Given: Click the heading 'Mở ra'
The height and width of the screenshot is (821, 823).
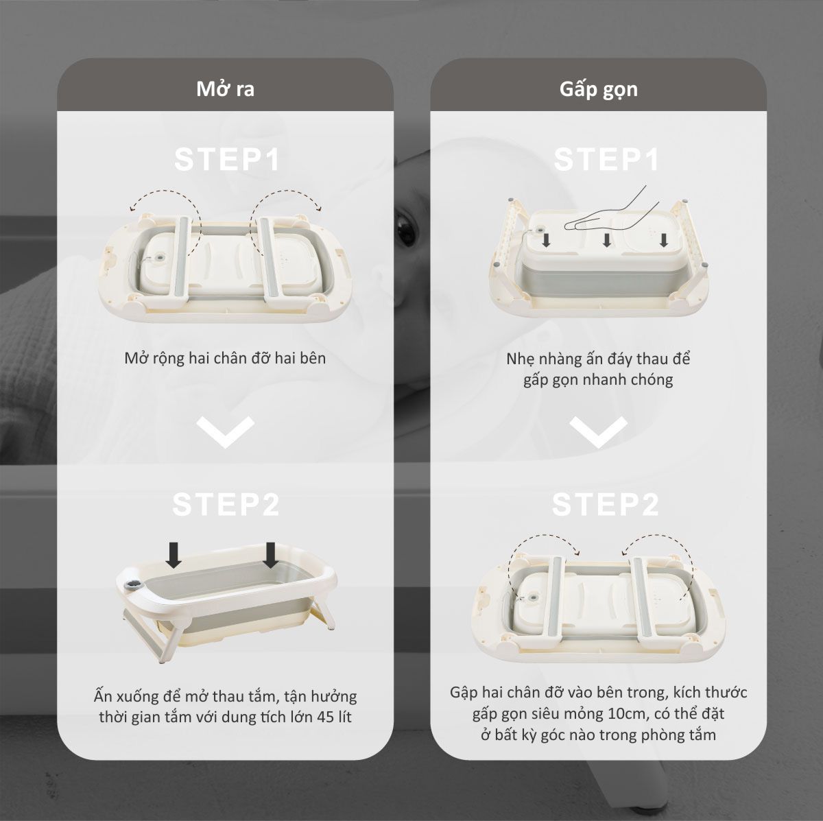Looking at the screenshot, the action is [225, 89].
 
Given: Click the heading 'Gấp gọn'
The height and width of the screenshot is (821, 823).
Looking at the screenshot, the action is [598, 89].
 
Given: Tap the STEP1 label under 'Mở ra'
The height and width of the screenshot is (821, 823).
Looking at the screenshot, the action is [227, 159].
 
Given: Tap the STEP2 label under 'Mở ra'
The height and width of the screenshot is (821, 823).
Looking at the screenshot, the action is [226, 504].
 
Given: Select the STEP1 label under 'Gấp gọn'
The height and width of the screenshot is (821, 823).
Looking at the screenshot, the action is [606, 159].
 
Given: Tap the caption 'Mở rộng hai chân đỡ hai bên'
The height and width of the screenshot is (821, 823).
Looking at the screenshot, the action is [225, 358].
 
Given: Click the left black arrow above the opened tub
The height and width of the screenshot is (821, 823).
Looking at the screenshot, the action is [174, 554].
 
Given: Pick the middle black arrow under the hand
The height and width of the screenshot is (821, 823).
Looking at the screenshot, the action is [606, 239].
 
